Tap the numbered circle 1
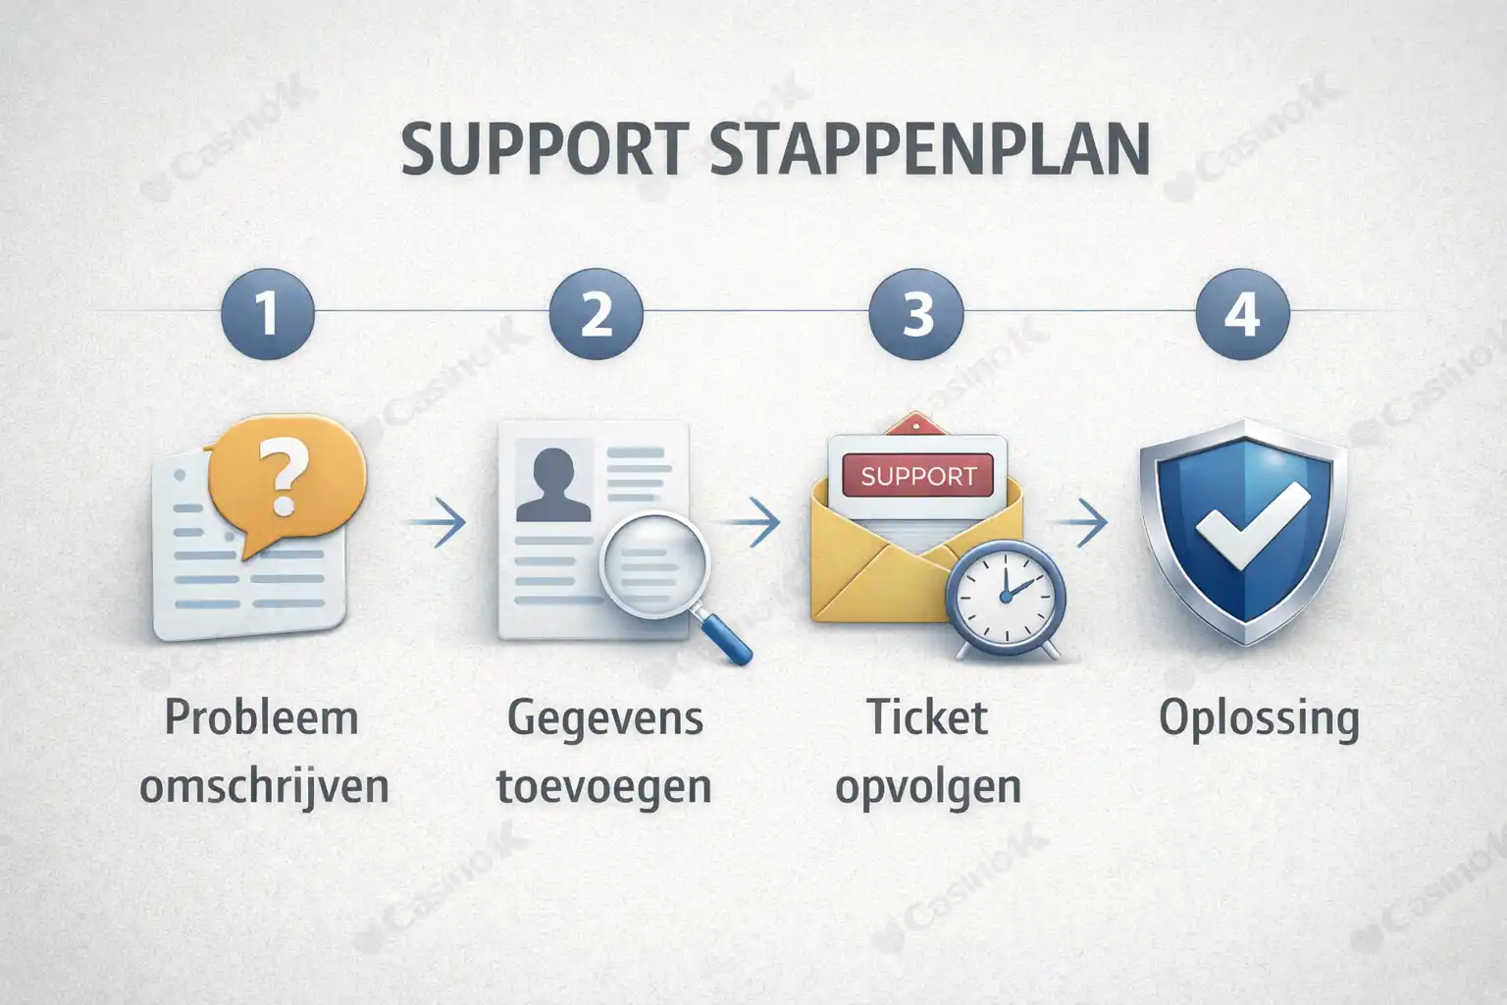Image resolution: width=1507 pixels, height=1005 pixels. pos(267,313)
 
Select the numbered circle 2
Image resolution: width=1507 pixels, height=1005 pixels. pos(596,313)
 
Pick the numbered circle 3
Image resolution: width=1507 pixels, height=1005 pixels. pos(916,313)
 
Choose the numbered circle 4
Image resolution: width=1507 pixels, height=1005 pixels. pos(1241,313)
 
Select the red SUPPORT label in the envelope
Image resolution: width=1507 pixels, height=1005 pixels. pos(918,477)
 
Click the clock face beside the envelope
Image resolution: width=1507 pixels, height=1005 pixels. pos(1004,593)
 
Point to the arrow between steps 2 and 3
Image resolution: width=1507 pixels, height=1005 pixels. pos(760,521)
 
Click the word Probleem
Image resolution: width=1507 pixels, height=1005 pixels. pos(261,717)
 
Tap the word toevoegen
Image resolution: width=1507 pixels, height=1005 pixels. pos(603,786)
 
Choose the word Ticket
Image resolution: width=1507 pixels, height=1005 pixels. pos(927,717)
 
